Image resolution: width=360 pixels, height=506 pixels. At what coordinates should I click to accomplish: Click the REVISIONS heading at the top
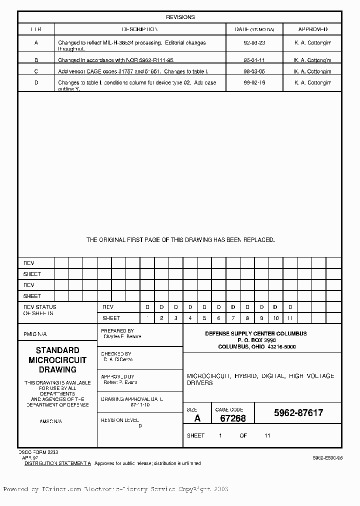tap(180, 17)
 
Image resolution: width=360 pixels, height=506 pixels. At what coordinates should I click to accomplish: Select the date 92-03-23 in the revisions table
tap(254, 43)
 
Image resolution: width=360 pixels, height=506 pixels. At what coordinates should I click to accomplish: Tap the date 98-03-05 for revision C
tap(254, 71)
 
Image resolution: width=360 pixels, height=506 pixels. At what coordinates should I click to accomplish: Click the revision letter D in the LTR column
tap(36, 83)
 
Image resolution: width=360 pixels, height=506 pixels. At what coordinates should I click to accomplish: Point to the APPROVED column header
tap(312, 29)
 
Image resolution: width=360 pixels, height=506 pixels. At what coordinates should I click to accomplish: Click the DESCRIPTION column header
tap(140, 29)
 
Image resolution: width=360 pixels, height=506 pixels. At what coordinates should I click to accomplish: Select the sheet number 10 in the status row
tap(275, 318)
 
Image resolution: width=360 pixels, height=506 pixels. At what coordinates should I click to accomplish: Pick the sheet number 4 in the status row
tap(190, 318)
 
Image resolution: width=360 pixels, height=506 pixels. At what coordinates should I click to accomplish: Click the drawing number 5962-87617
tap(298, 413)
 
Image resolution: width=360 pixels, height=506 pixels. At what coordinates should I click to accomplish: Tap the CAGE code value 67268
tap(232, 418)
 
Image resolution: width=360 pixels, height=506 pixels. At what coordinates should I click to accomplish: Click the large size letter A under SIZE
tap(197, 418)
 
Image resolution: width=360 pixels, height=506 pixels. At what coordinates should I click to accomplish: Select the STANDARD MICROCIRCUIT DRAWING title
tap(57, 360)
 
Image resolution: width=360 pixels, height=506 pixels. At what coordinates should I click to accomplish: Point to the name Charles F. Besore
tap(122, 336)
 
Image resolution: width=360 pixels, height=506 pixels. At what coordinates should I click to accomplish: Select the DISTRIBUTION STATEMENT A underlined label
tap(57, 463)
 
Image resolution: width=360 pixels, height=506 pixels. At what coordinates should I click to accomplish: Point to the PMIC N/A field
tap(35, 334)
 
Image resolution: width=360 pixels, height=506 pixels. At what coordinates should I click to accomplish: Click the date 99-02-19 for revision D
tap(254, 83)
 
